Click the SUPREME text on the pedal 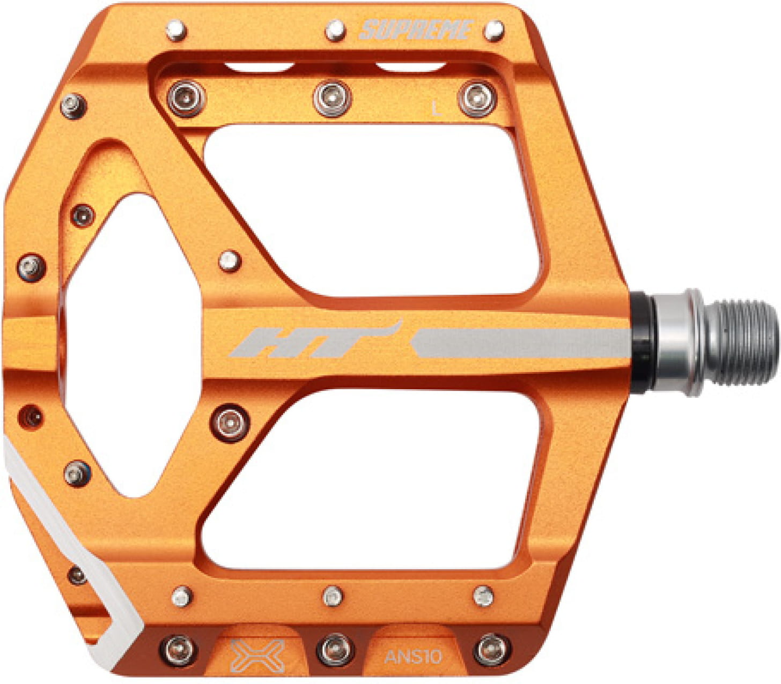[416, 30]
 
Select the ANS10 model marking [412, 656]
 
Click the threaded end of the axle [743, 343]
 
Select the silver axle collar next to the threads [679, 343]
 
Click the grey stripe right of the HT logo [523, 344]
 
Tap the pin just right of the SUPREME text [493, 31]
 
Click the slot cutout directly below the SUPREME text [410, 67]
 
